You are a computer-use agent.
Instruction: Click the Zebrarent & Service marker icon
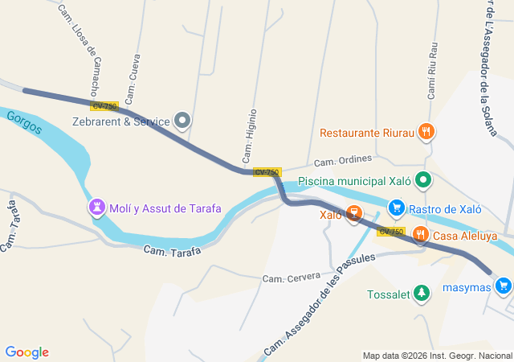182,121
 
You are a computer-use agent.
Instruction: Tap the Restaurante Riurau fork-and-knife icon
426,131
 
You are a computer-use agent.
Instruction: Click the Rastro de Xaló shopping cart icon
396,208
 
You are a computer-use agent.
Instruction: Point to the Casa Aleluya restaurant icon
419,235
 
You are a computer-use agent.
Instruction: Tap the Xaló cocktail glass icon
353,214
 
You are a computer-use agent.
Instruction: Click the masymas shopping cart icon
504,286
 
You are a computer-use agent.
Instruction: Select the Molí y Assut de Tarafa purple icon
97,208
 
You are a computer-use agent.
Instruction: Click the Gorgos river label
23,123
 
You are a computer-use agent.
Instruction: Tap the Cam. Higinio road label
249,135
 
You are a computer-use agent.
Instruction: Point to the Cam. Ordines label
343,160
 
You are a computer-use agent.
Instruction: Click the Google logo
27,352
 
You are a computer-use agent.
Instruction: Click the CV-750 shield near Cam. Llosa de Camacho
104,106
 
